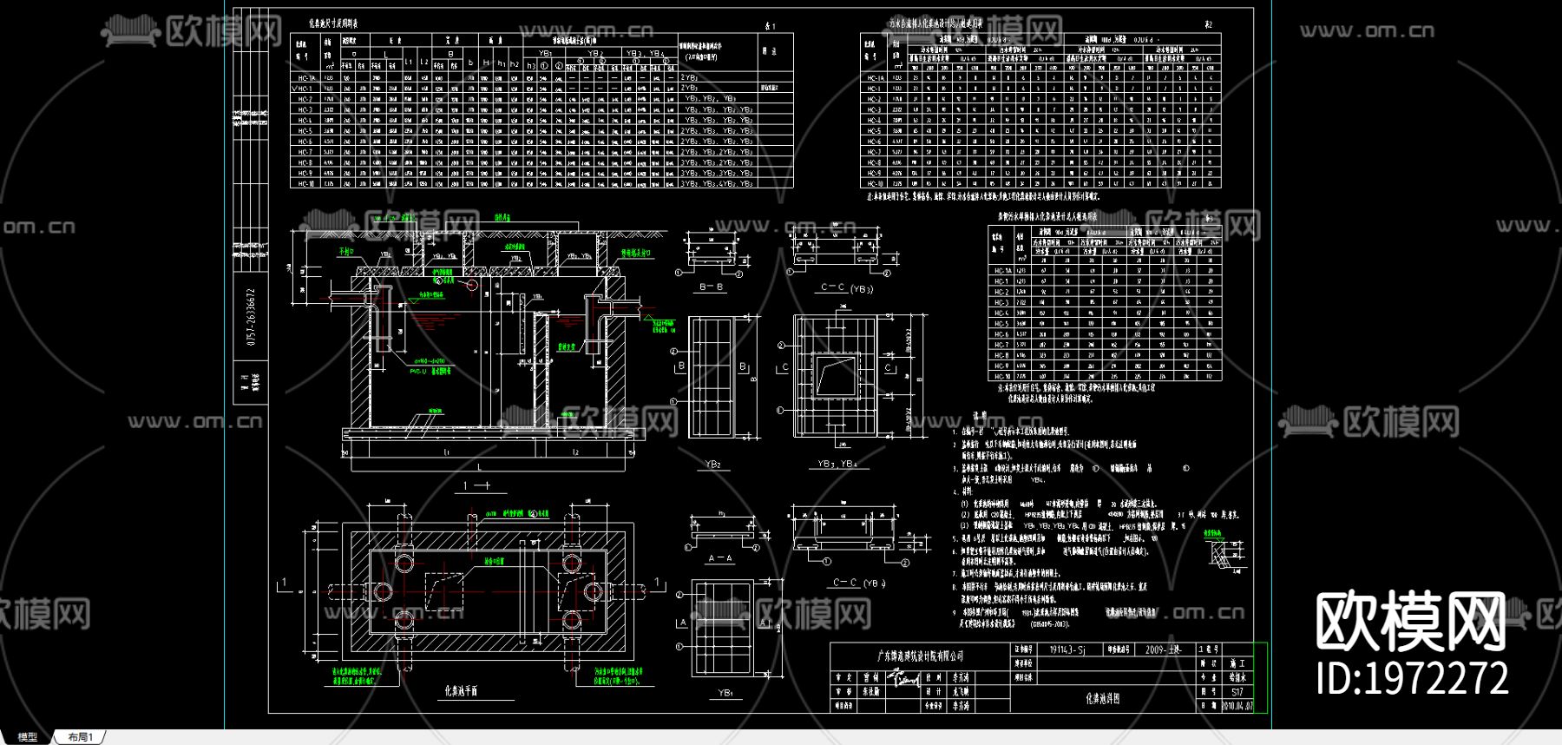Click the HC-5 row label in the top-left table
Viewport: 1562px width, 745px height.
tap(305, 131)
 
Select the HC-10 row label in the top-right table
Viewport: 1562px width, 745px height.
tap(874, 184)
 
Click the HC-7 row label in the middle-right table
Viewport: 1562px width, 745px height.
tap(1001, 345)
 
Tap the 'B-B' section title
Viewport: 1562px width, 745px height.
tap(712, 287)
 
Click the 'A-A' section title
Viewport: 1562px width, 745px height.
tap(720, 558)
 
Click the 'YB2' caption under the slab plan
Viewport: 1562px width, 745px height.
tap(712, 465)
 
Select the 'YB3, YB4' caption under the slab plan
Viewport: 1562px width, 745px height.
tap(837, 465)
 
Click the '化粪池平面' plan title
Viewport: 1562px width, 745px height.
tap(461, 691)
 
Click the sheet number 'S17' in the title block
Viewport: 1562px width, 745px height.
tap(1237, 692)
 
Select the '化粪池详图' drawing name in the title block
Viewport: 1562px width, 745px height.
tap(1103, 698)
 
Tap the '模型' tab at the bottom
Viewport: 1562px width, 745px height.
tap(27, 737)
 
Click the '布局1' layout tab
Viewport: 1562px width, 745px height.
tap(80, 737)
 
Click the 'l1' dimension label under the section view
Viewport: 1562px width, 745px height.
tap(447, 452)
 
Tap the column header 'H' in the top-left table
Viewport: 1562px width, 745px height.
tap(486, 63)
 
